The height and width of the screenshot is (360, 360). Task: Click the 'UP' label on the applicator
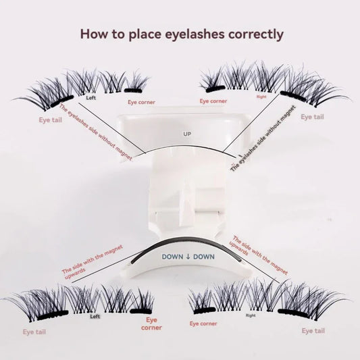(187, 134)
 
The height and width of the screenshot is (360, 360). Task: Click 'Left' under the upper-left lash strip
(91, 97)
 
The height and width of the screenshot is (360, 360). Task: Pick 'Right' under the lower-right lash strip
(251, 315)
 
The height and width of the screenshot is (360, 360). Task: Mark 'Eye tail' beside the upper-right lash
(312, 118)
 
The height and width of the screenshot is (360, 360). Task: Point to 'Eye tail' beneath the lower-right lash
(313, 331)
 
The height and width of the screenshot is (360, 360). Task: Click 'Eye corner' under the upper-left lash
(141, 102)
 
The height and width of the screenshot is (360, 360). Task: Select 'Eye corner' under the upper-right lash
(213, 101)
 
